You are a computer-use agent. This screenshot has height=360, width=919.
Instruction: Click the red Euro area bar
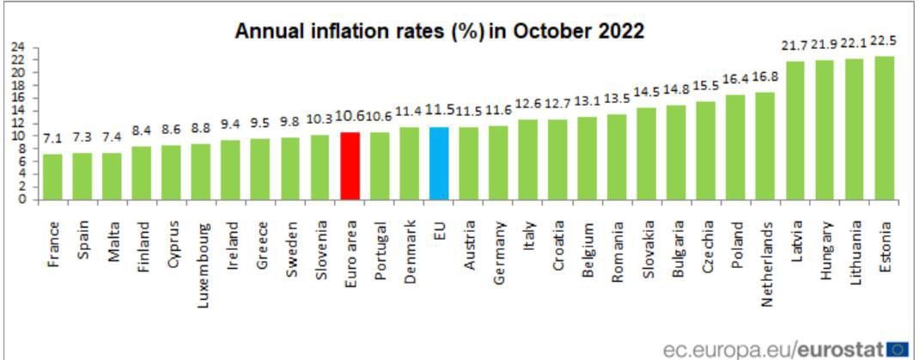[x=350, y=166]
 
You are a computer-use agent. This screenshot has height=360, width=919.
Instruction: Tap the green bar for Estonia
[x=885, y=128]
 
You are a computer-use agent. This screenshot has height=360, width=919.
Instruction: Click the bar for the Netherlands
[x=765, y=146]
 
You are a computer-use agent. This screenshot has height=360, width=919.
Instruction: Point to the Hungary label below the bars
[x=825, y=245]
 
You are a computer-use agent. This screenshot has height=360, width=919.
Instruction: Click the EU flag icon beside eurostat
[x=898, y=348]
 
